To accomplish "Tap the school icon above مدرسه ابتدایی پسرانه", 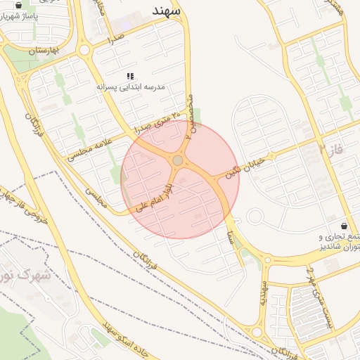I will tap(130, 75).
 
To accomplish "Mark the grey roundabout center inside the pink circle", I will tap(178, 161).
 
